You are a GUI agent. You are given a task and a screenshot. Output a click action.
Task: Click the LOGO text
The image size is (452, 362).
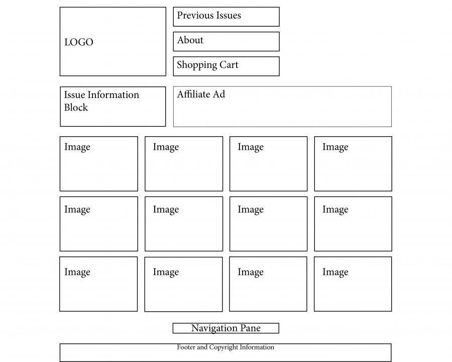tap(79, 42)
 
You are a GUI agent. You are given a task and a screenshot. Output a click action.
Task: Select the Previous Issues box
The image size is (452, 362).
tap(227, 17)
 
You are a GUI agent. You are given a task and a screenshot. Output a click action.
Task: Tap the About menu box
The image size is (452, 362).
tap(227, 42)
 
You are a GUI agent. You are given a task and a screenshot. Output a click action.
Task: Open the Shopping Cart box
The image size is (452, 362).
tap(227, 66)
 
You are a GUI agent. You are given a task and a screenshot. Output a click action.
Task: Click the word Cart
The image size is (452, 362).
tap(229, 65)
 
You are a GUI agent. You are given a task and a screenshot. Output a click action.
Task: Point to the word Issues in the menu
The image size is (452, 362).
tap(228, 15)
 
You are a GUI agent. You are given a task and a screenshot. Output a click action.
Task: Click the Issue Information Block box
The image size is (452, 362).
tap(113, 107)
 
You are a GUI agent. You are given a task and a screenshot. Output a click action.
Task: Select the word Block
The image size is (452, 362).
tap(76, 108)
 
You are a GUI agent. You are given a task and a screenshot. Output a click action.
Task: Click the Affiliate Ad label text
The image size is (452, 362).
tap(201, 94)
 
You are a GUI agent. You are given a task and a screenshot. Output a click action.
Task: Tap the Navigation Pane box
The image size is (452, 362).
tap(226, 328)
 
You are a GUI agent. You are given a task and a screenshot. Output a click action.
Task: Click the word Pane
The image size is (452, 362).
tap(251, 328)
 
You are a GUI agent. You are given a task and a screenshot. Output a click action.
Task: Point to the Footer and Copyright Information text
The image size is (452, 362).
tap(225, 347)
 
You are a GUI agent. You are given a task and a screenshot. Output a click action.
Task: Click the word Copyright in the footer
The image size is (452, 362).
tap(223, 347)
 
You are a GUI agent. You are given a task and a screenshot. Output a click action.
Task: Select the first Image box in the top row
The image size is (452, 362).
tap(99, 164)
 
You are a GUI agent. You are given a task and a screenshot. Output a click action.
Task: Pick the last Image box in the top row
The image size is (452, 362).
tap(353, 164)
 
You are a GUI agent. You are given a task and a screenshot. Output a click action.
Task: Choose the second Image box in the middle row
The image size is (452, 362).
tap(184, 224)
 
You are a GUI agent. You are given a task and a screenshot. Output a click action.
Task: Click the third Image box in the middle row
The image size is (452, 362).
tap(268, 224)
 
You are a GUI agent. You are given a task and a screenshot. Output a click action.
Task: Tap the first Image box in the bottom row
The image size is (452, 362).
tap(98, 285)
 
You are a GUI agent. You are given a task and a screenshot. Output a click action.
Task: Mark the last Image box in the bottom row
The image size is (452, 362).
tap(353, 285)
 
